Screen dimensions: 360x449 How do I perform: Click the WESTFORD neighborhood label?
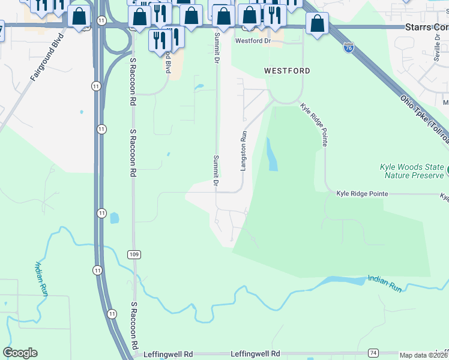(x=288, y=71)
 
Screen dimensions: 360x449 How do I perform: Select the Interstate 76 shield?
(x=348, y=49)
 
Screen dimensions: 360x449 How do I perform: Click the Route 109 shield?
(x=134, y=254)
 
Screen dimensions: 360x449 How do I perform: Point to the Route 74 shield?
(x=373, y=353)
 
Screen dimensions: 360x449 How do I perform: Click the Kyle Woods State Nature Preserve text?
(x=411, y=171)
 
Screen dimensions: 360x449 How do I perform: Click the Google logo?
(x=20, y=353)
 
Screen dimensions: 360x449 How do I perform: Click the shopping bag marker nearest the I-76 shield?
(x=317, y=24)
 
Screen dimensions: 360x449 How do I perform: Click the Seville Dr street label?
(x=437, y=41)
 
